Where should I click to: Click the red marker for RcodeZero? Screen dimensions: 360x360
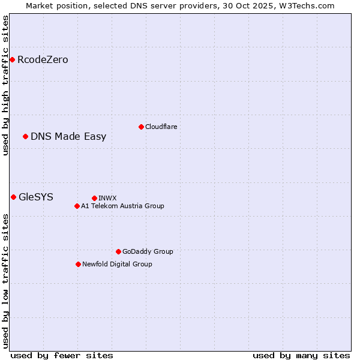12,59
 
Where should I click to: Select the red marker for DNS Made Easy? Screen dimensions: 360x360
25,136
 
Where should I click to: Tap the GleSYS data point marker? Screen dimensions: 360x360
13,197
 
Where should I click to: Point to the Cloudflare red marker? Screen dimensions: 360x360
141,127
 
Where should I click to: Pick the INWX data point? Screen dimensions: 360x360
94,198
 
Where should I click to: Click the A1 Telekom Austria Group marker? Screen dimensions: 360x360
77,206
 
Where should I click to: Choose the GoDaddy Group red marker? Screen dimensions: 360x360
118,251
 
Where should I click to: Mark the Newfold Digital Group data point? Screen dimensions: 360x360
78,264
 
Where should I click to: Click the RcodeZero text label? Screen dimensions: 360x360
43,59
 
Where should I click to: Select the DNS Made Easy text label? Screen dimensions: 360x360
68,136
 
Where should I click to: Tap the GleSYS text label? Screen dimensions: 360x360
36,197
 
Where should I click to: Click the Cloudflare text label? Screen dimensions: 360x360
161,127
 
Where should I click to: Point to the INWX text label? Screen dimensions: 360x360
107,198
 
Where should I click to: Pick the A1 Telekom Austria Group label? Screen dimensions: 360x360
122,206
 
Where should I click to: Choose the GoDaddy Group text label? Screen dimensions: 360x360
148,251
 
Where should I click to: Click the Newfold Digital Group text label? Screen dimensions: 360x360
117,264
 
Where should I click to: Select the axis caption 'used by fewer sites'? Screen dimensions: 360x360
62,355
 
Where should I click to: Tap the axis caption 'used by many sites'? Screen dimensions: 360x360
301,355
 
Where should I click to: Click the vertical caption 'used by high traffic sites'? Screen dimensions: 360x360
5,85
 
